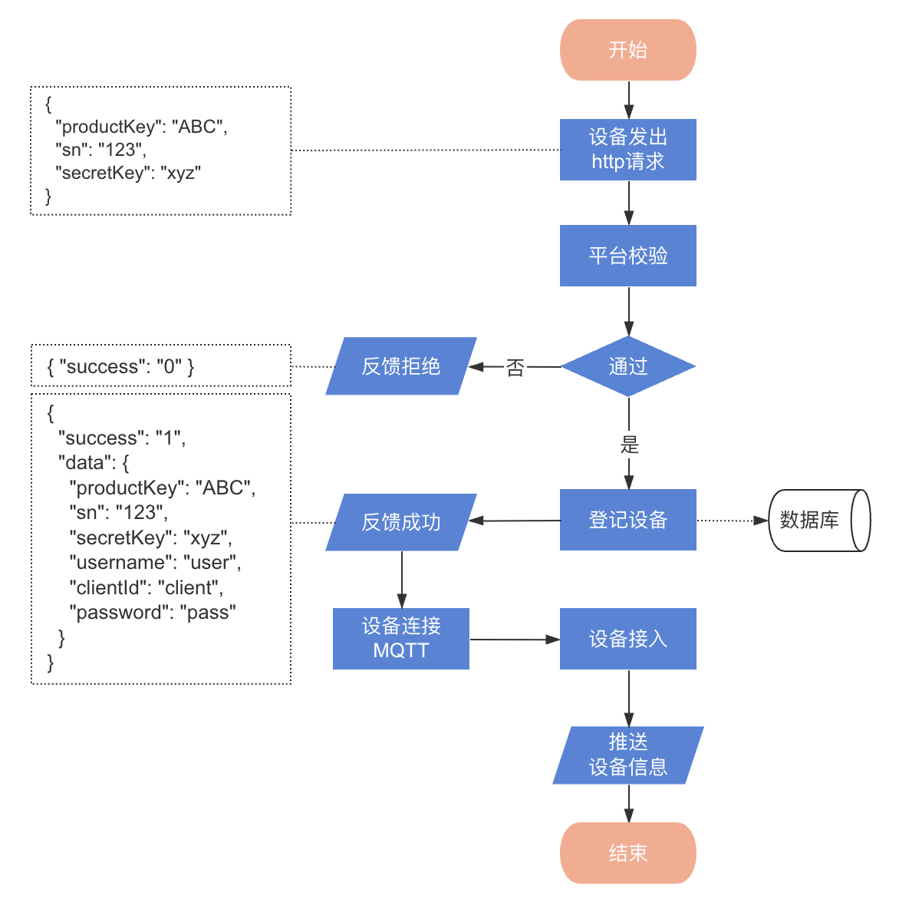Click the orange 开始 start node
[627, 50]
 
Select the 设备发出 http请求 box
[627, 150]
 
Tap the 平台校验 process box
[627, 256]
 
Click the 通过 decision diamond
[627, 366]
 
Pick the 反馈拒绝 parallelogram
[400, 366]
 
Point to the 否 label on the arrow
[515, 368]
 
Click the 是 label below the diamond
[629, 444]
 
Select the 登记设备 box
[627, 520]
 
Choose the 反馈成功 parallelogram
[400, 522]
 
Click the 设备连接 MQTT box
[400, 638]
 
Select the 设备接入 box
[627, 639]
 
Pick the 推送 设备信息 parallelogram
[627, 755]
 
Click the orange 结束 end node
[627, 852]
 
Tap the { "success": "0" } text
[120, 366]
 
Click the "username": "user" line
[155, 563]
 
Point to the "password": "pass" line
[152, 613]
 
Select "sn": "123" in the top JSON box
[100, 150]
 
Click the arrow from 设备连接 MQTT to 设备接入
[514, 639]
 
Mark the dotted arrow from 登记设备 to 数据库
[732, 521]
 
